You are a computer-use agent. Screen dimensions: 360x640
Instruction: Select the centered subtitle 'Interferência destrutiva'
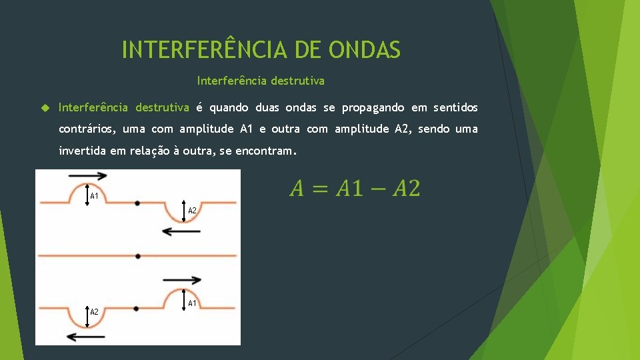pyautogui.click(x=261, y=81)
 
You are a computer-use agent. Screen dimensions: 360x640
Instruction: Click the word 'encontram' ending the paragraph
pyautogui.click(x=265, y=151)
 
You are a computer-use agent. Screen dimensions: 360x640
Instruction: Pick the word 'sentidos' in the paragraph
pyautogui.click(x=455, y=108)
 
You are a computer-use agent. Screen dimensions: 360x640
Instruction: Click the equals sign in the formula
pyautogui.click(x=319, y=189)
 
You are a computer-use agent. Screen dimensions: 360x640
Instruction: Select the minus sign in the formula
pyautogui.click(x=378, y=189)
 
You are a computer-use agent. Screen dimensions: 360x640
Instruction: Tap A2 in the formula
pyautogui.click(x=406, y=189)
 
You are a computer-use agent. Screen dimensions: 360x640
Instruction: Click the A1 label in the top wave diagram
pyautogui.click(x=95, y=197)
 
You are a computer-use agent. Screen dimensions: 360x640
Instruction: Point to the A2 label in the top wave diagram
pyautogui.click(x=192, y=211)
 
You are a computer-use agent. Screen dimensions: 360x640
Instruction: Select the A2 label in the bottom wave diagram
pyautogui.click(x=95, y=312)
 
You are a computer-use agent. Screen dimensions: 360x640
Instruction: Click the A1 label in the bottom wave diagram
pyautogui.click(x=192, y=303)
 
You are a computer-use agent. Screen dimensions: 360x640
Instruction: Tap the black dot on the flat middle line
pyautogui.click(x=137, y=255)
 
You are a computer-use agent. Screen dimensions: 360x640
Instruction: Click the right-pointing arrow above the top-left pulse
pyautogui.click(x=87, y=176)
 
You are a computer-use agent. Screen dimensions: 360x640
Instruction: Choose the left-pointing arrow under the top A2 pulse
pyautogui.click(x=181, y=231)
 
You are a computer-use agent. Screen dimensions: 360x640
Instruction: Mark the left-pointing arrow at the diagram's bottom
pyautogui.click(x=86, y=337)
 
